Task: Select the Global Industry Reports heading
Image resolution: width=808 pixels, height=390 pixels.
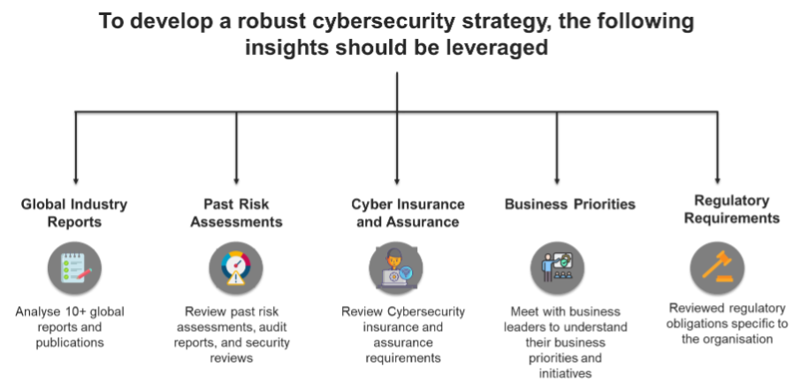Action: pyautogui.click(x=74, y=213)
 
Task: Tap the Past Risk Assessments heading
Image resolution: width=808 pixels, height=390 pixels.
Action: pyautogui.click(x=236, y=213)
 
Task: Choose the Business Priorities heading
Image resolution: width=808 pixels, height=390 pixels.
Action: pyautogui.click(x=570, y=205)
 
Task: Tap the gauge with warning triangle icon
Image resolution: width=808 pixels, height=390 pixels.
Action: pyautogui.click(x=236, y=268)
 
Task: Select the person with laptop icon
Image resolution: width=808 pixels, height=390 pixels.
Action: pyautogui.click(x=395, y=269)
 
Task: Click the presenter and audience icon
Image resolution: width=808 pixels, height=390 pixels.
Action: pyautogui.click(x=557, y=267)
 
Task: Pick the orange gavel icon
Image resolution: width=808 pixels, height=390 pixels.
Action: pyautogui.click(x=717, y=267)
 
